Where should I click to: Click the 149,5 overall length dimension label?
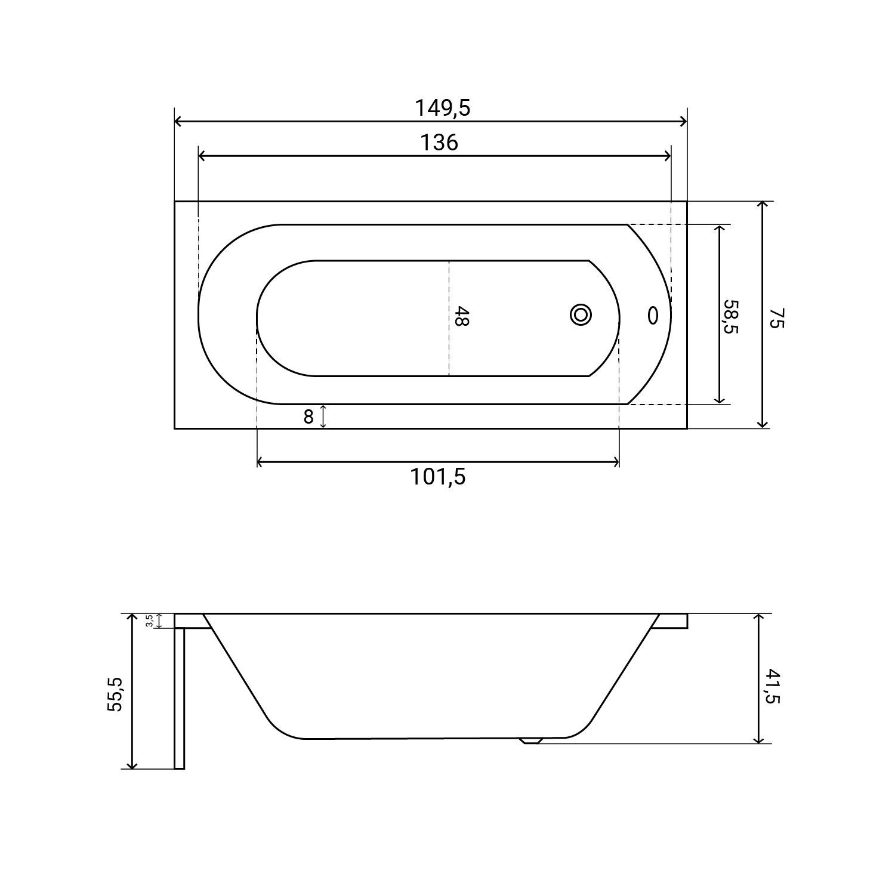pos(443,108)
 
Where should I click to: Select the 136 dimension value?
pos(440,143)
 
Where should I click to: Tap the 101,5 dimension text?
pos(437,477)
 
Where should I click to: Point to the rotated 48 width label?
pos(461,316)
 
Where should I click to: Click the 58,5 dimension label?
pos(730,317)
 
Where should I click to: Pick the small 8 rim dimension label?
pos(308,417)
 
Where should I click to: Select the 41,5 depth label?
pos(772,686)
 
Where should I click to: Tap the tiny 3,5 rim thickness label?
pos(150,621)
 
